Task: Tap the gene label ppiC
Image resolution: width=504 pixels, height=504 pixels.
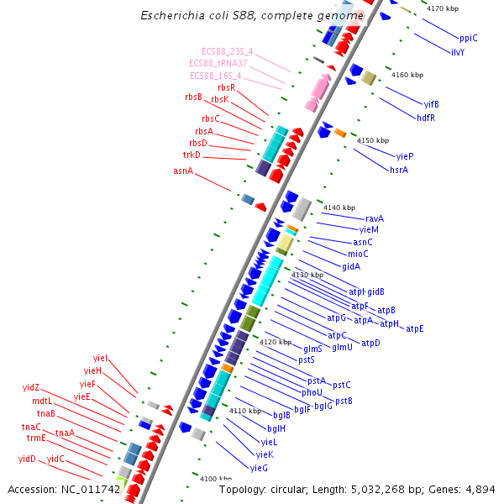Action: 468,38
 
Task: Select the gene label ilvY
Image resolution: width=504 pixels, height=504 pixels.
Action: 458,52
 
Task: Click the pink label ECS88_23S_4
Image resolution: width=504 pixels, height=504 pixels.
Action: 227,52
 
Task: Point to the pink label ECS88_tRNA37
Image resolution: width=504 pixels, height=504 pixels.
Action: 218,64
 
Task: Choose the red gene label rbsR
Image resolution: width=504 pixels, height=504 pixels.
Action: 226,87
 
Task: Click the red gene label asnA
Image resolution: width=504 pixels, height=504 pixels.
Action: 183,171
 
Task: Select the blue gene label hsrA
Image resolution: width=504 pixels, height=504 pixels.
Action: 399,171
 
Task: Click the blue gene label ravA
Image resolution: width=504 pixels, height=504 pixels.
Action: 375,218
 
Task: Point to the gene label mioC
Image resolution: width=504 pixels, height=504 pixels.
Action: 358,254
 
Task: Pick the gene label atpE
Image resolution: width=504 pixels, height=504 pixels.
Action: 415,328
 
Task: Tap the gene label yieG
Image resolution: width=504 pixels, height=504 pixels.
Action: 259,467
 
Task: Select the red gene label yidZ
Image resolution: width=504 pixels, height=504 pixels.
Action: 31,387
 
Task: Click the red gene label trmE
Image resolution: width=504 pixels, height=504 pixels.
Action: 36,438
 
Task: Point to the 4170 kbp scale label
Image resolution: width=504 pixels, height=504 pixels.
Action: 443,8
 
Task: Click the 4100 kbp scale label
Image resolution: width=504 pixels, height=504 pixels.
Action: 215,478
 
